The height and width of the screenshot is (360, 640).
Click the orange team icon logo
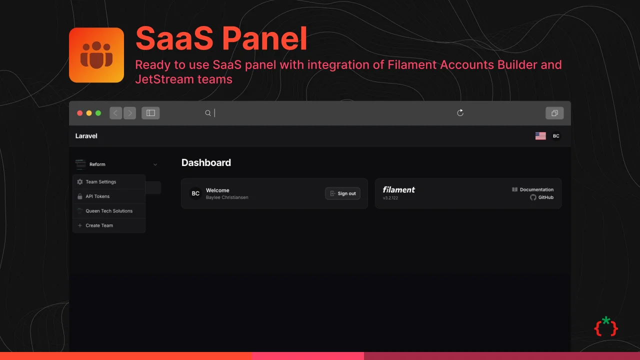point(96,55)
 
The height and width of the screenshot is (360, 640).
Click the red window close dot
point(80,113)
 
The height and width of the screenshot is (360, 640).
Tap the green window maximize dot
point(98,113)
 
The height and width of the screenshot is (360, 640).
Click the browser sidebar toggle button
point(150,113)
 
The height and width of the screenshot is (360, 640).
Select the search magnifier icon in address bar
point(208,113)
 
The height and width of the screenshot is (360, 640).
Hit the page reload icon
point(460,113)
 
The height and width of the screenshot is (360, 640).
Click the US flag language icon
point(540,136)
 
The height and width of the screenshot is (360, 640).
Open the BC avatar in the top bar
point(556,136)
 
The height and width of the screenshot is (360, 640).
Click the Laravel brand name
point(86,136)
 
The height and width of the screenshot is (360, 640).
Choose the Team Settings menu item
point(100,182)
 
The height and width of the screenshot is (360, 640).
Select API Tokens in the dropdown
point(97,196)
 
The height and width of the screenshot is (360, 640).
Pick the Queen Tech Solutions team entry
point(109,211)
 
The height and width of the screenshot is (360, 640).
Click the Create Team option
point(99,225)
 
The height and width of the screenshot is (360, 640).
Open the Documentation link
point(536,189)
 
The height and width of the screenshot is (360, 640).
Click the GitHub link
point(545,197)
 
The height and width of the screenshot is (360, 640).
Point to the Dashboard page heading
point(206,162)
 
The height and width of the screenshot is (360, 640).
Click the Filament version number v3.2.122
point(390,198)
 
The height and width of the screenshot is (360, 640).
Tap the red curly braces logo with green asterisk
point(606,326)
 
